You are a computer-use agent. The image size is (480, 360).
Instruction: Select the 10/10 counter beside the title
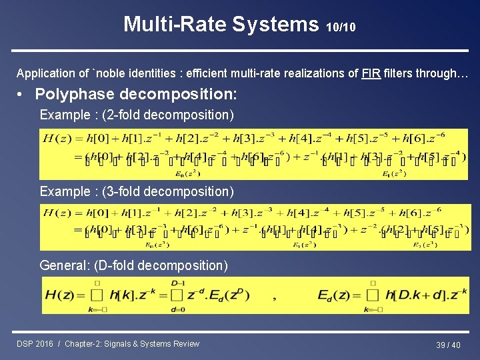click(x=341, y=27)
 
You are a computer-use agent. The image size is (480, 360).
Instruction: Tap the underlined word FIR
click(x=372, y=73)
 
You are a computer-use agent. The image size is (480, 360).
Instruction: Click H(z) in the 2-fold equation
click(x=57, y=139)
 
